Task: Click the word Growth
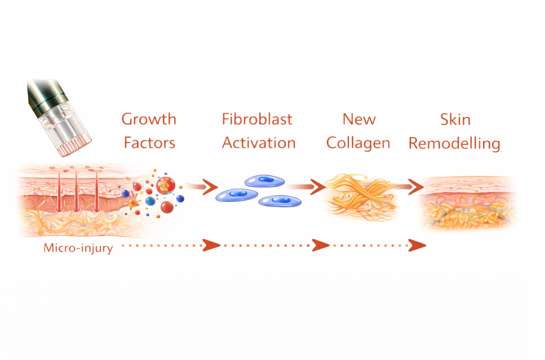point(148,119)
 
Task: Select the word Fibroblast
point(257,119)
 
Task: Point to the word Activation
point(258,143)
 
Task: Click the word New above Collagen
point(359,119)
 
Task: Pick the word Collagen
point(358,143)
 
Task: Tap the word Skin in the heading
point(456,119)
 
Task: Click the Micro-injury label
point(78,248)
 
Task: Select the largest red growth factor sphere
point(165,187)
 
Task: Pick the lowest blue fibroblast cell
point(280,201)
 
